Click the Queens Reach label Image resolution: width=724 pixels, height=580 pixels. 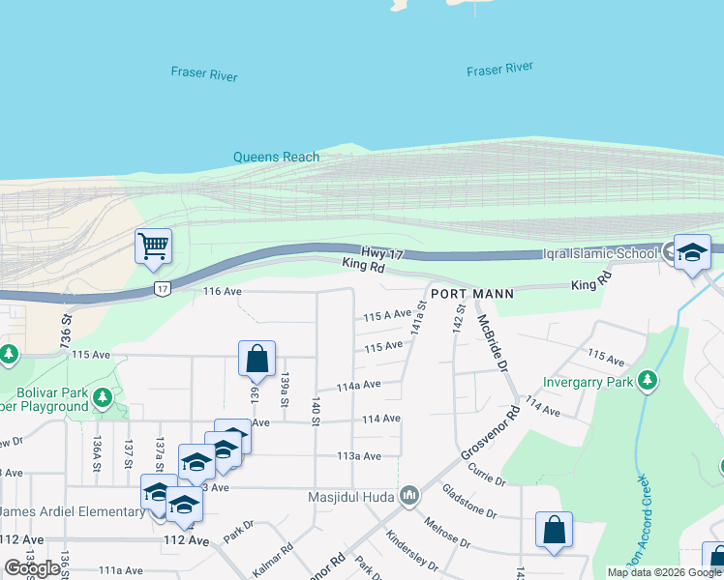(x=276, y=157)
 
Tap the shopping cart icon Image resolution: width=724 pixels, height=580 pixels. (x=153, y=246)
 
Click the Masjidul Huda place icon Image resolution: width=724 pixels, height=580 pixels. (x=408, y=496)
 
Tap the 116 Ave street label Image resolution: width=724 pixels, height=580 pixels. (x=222, y=291)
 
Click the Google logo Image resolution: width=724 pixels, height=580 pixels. (x=32, y=568)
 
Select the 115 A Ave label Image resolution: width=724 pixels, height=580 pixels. (x=387, y=316)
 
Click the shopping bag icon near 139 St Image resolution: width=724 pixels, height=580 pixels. (x=257, y=358)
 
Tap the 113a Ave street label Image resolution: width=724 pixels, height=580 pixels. (x=358, y=455)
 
